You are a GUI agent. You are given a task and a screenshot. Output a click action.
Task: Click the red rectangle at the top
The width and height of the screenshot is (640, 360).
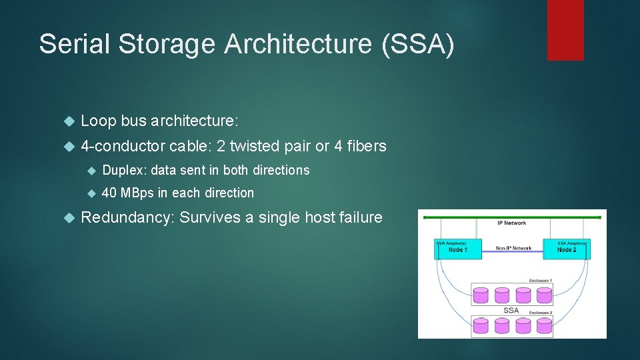tap(565, 30)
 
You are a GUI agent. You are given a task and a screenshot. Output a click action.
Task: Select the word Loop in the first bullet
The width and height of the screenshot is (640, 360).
tap(98, 121)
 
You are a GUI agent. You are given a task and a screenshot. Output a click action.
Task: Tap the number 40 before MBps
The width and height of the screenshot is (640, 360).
tap(109, 193)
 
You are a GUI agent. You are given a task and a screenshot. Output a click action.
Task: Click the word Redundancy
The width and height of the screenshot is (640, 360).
tap(127, 217)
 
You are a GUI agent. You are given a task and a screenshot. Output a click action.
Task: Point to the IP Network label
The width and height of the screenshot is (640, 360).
tap(511, 223)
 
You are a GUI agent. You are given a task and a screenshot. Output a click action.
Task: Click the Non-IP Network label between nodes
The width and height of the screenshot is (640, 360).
tap(513, 248)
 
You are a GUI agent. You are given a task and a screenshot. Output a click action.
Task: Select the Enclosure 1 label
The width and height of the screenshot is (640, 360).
tap(539, 281)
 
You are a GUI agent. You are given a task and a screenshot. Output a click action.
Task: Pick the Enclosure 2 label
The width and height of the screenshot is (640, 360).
tap(539, 312)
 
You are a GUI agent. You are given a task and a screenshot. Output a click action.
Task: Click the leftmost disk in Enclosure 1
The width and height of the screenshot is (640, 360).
tap(481, 295)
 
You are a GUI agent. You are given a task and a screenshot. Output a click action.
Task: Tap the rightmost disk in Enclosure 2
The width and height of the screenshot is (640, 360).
tap(544, 325)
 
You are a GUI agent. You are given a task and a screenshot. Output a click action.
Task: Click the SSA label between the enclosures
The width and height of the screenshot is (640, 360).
tap(511, 310)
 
